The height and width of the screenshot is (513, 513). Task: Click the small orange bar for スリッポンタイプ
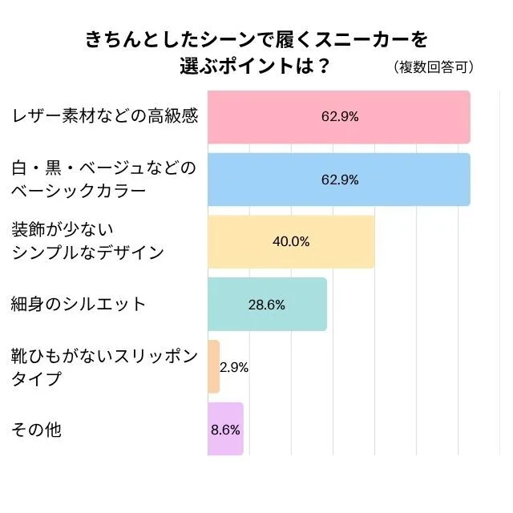213,366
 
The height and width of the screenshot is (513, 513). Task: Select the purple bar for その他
224,429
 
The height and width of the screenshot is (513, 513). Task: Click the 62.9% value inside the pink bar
340,116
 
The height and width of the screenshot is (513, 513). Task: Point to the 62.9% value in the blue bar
340,179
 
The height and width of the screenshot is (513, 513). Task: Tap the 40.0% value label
291,241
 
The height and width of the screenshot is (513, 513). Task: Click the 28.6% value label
267,305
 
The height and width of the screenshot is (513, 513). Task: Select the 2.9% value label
234,367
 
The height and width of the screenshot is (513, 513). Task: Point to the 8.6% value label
225,429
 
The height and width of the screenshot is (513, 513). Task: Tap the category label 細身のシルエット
79,304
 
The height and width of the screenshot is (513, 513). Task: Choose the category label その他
36,429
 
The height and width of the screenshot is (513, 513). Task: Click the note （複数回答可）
434,67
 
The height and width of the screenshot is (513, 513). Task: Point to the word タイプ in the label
36,378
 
